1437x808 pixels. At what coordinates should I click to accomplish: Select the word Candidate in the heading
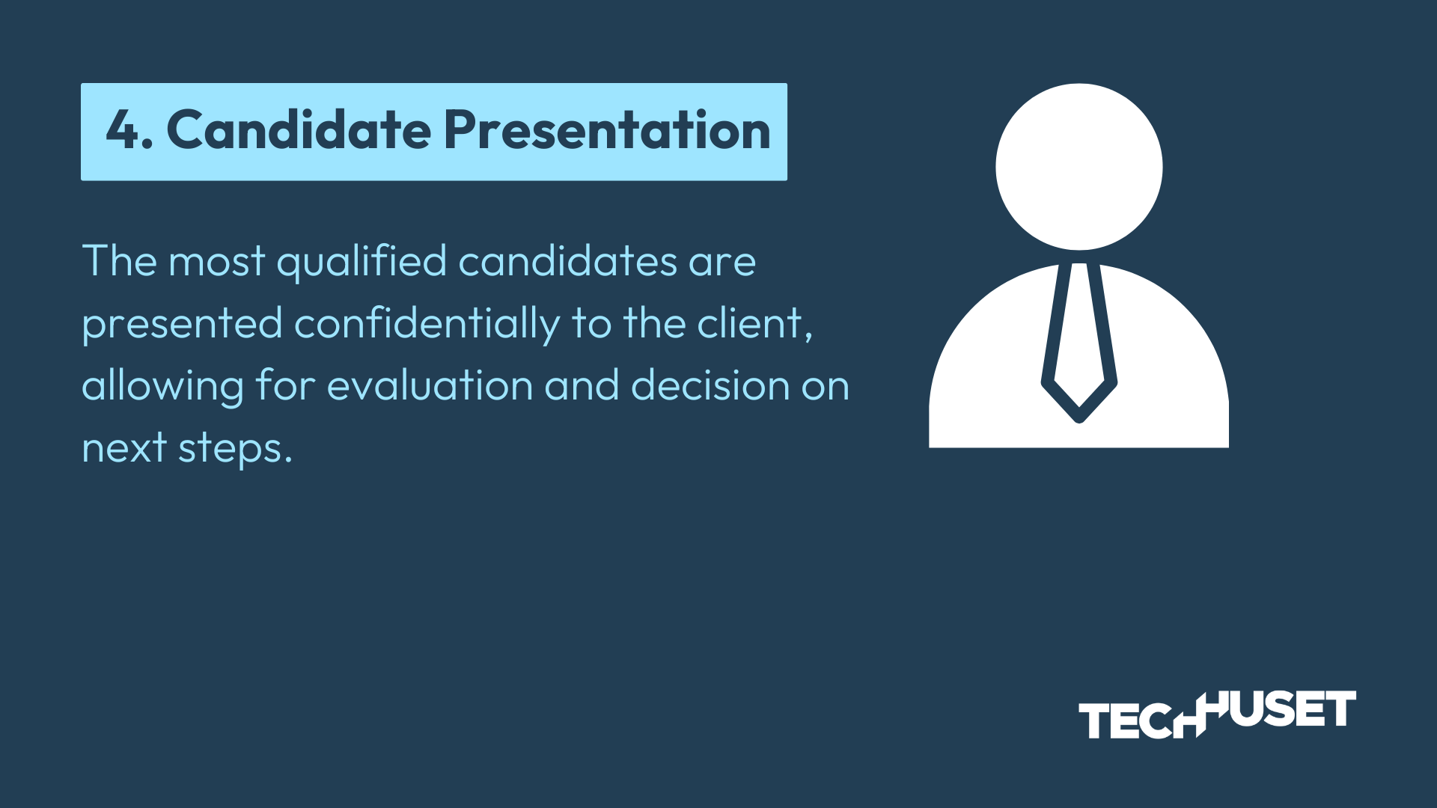[299, 129]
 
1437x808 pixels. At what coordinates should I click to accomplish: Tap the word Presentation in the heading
[607, 129]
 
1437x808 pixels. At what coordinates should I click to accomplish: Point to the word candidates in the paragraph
[568, 261]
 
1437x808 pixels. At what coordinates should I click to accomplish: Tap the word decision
[710, 385]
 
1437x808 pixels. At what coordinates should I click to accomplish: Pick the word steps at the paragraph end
[235, 449]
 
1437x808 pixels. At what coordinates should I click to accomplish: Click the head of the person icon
[1078, 167]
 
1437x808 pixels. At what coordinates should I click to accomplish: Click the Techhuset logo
[1217, 714]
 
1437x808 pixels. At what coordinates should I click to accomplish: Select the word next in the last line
[124, 449]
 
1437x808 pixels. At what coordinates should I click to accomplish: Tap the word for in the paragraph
[285, 385]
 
